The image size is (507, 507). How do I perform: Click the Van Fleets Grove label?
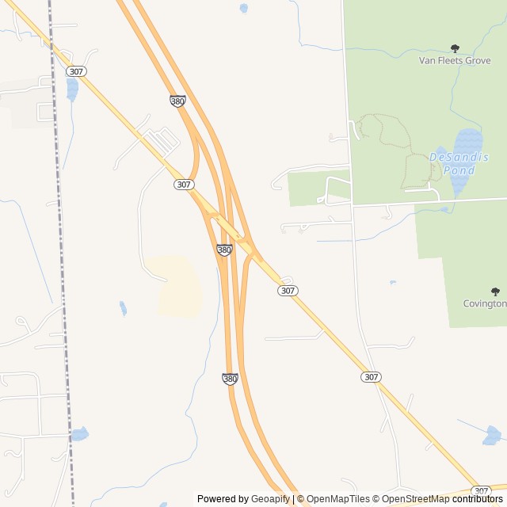(454, 59)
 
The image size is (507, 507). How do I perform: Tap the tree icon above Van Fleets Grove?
(455, 48)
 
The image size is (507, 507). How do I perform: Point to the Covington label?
(485, 303)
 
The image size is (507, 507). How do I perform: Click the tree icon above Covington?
(496, 292)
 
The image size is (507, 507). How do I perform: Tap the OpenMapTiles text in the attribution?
(338, 499)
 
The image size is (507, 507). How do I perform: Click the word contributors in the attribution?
(478, 499)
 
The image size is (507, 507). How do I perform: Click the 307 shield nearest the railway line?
(77, 71)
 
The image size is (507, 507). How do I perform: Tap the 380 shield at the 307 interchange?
(224, 250)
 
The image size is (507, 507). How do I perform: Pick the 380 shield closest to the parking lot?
(177, 101)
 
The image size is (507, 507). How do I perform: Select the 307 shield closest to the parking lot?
(184, 184)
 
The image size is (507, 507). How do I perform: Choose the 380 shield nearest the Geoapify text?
(230, 379)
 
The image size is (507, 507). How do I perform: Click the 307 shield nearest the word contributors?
(481, 490)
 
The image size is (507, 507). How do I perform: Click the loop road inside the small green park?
(337, 189)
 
